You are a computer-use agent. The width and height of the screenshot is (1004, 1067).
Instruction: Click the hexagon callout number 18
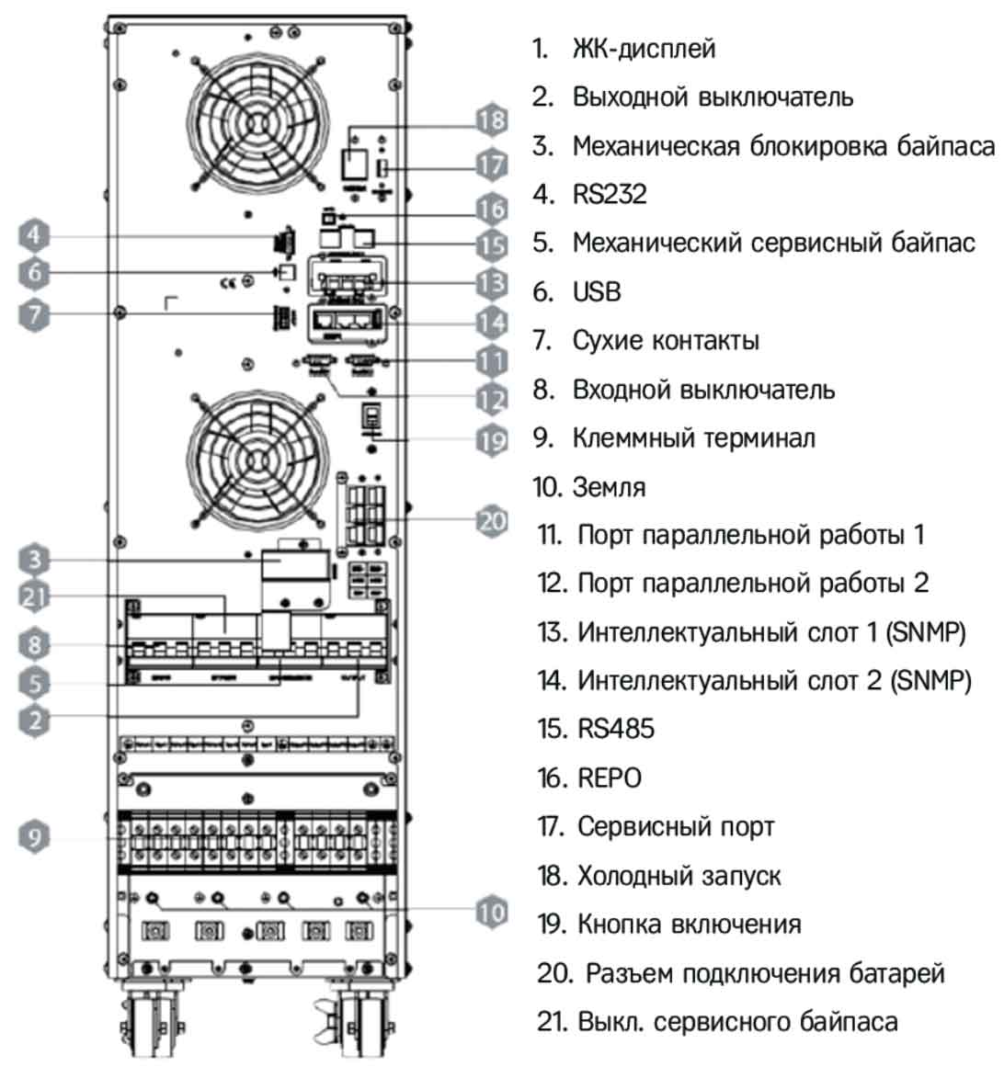click(493, 120)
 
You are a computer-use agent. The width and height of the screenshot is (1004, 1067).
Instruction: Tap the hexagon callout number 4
click(34, 235)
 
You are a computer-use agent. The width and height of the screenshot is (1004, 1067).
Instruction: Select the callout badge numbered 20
click(493, 521)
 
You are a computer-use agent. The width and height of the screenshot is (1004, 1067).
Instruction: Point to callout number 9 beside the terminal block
click(34, 836)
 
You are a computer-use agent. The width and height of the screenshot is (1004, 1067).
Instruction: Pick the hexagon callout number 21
click(34, 596)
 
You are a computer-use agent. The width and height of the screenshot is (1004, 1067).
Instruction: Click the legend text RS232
click(610, 194)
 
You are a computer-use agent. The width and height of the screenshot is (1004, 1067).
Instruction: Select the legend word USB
click(597, 291)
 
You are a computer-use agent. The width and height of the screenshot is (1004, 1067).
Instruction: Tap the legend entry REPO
click(610, 778)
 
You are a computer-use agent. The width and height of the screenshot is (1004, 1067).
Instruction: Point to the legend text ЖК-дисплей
click(644, 48)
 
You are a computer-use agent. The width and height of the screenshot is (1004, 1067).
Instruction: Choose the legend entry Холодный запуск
click(679, 875)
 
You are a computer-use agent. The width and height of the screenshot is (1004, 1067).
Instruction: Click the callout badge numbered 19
click(493, 439)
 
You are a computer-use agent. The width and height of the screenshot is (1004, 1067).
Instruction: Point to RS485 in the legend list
click(616, 729)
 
